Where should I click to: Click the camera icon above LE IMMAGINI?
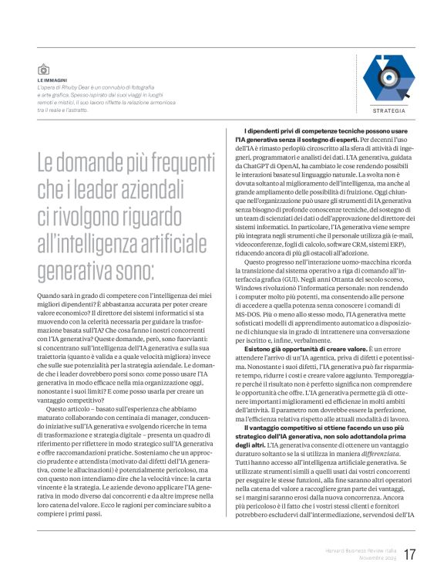43,69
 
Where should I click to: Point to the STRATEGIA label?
388,111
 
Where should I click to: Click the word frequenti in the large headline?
159,163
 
